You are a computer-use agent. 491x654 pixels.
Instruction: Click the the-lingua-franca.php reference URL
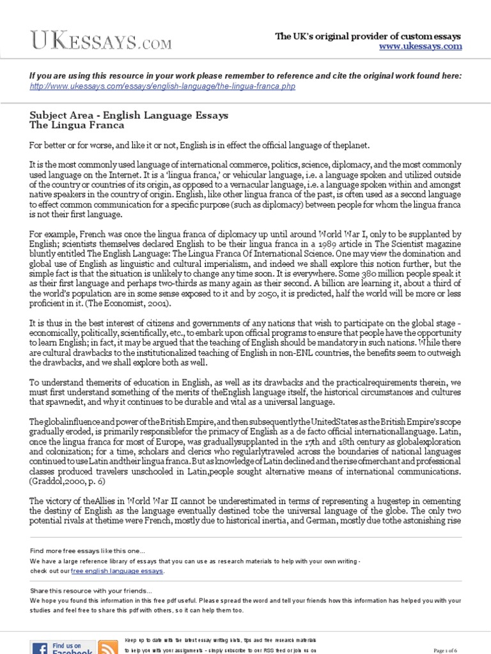click(x=162, y=86)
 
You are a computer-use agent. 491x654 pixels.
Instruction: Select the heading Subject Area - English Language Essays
click(x=120, y=116)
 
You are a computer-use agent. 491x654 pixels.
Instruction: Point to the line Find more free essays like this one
click(x=88, y=551)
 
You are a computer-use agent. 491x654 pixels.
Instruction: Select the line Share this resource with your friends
click(x=91, y=591)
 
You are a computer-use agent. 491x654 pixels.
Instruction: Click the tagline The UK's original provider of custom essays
click(x=368, y=36)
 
